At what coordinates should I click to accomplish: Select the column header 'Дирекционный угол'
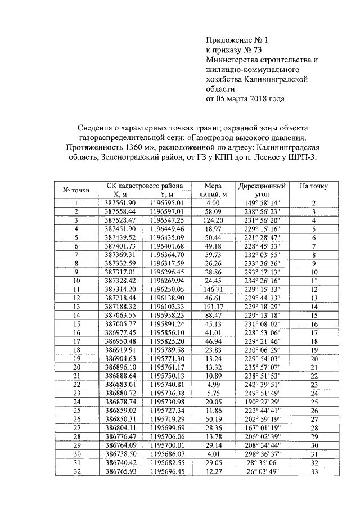(x=262, y=190)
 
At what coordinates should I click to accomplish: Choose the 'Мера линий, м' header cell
(x=213, y=190)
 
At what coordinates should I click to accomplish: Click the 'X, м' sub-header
(x=120, y=195)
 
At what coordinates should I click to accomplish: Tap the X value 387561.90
(x=120, y=203)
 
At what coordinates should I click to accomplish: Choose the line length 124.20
(x=213, y=220)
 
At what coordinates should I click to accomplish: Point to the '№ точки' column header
(x=75, y=190)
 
